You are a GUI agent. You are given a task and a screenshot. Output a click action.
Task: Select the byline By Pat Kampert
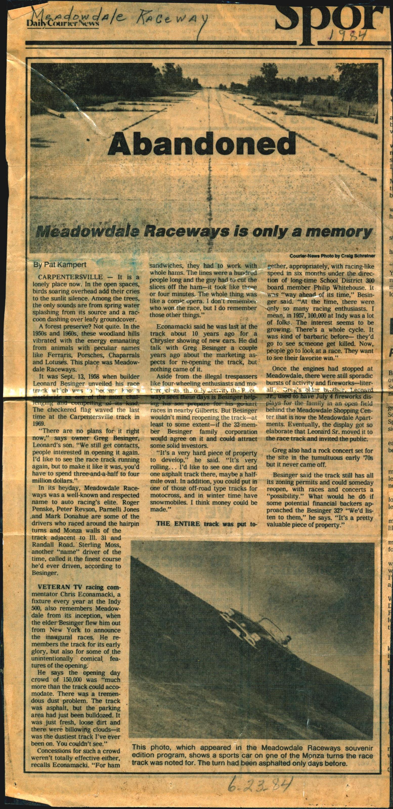[x=60, y=264]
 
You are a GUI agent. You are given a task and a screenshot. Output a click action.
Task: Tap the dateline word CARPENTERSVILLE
[x=70, y=277]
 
